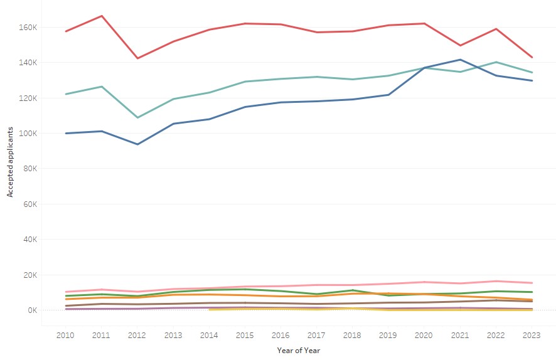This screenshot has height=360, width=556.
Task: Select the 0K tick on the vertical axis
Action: pos(35,310)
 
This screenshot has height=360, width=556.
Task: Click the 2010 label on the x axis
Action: pos(65,336)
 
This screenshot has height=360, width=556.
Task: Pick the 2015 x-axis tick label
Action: pos(245,336)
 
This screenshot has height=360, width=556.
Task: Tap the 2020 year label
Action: pos(424,336)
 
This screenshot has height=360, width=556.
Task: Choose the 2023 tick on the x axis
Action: pos(532,336)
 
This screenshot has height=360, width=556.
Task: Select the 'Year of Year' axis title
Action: pos(299,351)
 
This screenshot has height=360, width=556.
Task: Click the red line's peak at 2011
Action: pos(102,16)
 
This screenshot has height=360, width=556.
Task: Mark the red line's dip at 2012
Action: pos(137,58)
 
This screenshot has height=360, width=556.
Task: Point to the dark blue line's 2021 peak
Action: pos(460,60)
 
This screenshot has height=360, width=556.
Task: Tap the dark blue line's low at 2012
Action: pos(137,144)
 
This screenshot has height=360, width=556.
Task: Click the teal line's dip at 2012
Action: pos(137,117)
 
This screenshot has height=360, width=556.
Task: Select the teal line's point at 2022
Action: pos(496,62)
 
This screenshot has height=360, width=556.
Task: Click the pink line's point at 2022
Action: pos(496,281)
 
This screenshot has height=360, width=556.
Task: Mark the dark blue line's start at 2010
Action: pos(65,133)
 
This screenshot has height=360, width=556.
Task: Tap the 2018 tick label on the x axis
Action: pos(353,336)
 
